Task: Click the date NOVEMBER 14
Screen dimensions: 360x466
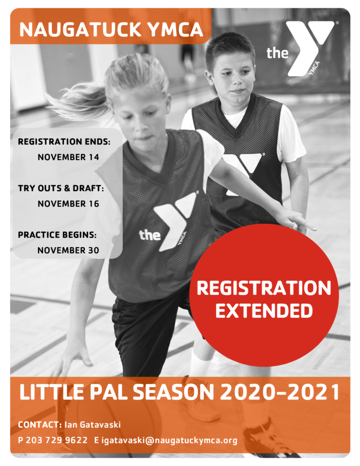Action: coord(68,157)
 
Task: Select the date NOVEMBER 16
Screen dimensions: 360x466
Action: coord(68,203)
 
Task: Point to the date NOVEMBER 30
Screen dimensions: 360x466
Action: coord(68,250)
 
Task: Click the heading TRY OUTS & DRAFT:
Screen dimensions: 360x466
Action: coord(61,188)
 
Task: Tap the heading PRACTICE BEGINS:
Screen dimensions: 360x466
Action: coord(57,235)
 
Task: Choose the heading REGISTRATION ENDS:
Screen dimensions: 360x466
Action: coord(64,142)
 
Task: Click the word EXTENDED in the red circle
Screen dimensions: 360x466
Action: coord(264,311)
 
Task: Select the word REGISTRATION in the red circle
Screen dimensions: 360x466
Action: coord(264,288)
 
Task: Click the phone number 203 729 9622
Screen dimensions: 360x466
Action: coord(56,440)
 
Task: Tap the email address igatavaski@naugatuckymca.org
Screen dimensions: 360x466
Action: coord(169,441)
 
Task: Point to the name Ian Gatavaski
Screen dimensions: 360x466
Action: coord(92,425)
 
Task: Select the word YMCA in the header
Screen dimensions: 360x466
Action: coord(175,30)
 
